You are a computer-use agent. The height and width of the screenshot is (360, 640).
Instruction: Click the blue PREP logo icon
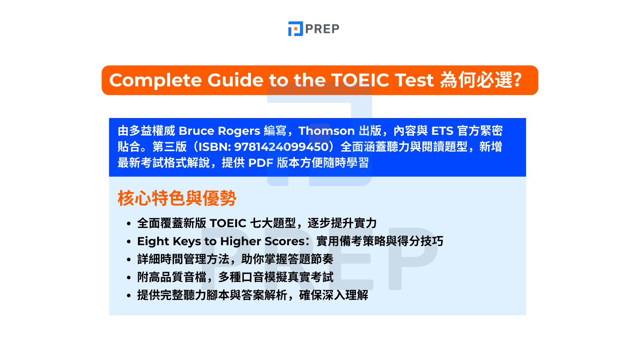(296, 29)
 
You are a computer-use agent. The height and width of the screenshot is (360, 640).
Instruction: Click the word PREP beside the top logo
(322, 29)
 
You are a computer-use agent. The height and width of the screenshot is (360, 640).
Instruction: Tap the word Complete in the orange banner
(156, 80)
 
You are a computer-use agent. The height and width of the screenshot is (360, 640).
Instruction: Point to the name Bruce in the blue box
(196, 131)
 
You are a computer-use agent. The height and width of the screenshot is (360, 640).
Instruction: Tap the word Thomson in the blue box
(326, 131)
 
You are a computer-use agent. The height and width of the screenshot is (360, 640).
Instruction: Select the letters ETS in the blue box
(442, 131)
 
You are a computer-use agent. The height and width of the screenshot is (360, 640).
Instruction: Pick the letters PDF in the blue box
(261, 163)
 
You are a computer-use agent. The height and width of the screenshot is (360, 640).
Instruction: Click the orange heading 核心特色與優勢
(177, 198)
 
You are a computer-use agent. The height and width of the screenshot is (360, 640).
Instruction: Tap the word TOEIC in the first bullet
(228, 224)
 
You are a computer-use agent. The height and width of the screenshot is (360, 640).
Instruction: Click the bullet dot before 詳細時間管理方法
(129, 260)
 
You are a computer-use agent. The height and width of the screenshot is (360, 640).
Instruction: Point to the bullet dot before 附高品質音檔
(129, 278)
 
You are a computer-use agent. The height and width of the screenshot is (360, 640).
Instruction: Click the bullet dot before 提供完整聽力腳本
(129, 296)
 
